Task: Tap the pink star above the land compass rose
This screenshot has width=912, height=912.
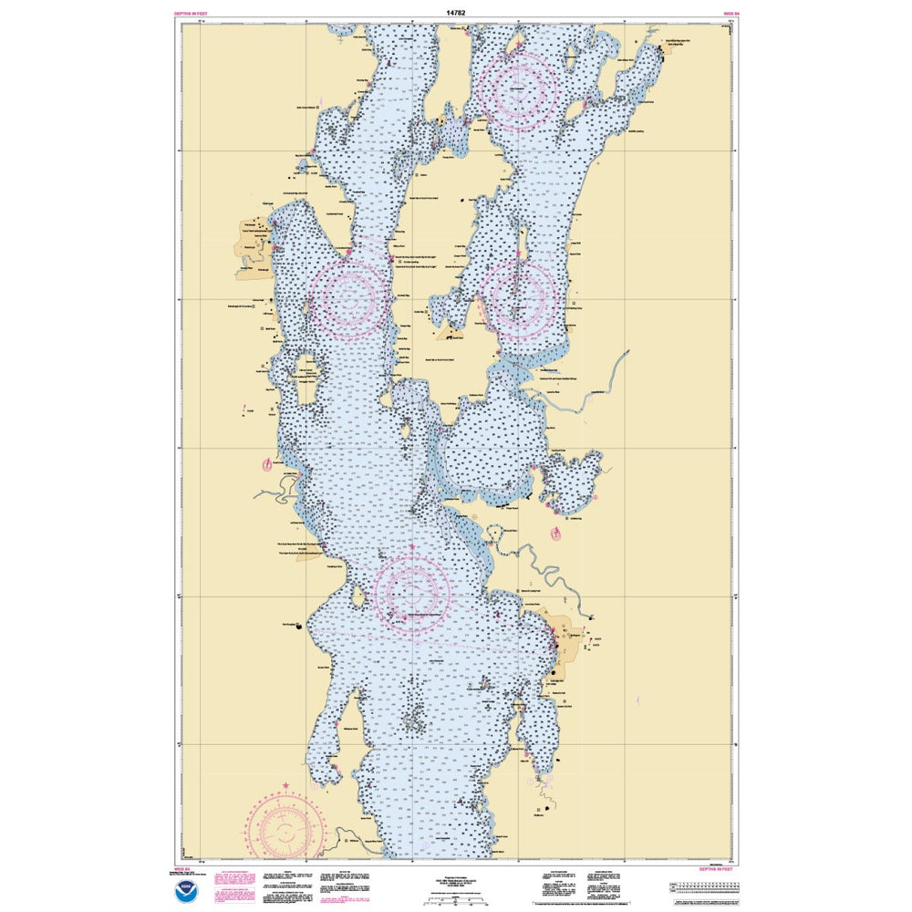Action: tap(285, 786)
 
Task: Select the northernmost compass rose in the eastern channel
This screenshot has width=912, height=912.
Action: tap(520, 88)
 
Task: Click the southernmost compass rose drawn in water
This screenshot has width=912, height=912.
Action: tap(413, 591)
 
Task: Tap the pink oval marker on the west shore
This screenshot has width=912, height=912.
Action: tap(266, 465)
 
